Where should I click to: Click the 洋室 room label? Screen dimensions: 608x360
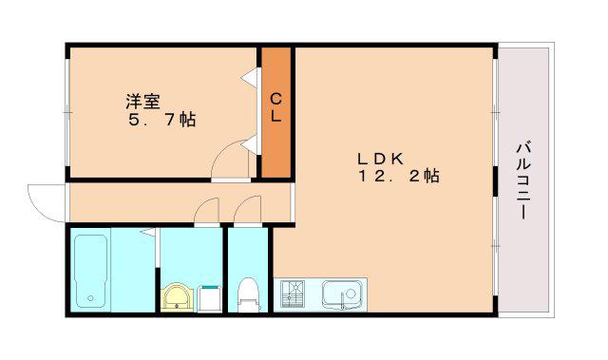tap(142, 102)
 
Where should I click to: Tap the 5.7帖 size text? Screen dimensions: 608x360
tap(162, 120)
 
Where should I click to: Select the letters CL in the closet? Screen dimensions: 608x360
tap(275, 107)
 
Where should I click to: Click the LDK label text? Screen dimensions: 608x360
tap(380, 159)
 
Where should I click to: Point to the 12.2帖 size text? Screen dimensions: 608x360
tap(399, 177)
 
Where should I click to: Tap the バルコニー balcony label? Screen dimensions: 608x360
tap(523, 180)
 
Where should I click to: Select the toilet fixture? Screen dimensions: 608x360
tap(248, 294)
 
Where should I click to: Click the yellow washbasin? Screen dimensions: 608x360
tap(178, 297)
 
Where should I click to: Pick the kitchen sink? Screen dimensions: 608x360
tap(343, 294)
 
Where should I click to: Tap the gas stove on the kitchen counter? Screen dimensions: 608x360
tap(293, 294)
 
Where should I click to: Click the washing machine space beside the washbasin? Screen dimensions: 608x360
tap(210, 299)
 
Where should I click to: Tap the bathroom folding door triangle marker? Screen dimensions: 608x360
tap(150, 232)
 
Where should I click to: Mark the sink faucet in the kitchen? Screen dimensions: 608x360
tap(342, 301)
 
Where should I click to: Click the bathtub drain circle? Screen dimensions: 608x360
tap(91, 298)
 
